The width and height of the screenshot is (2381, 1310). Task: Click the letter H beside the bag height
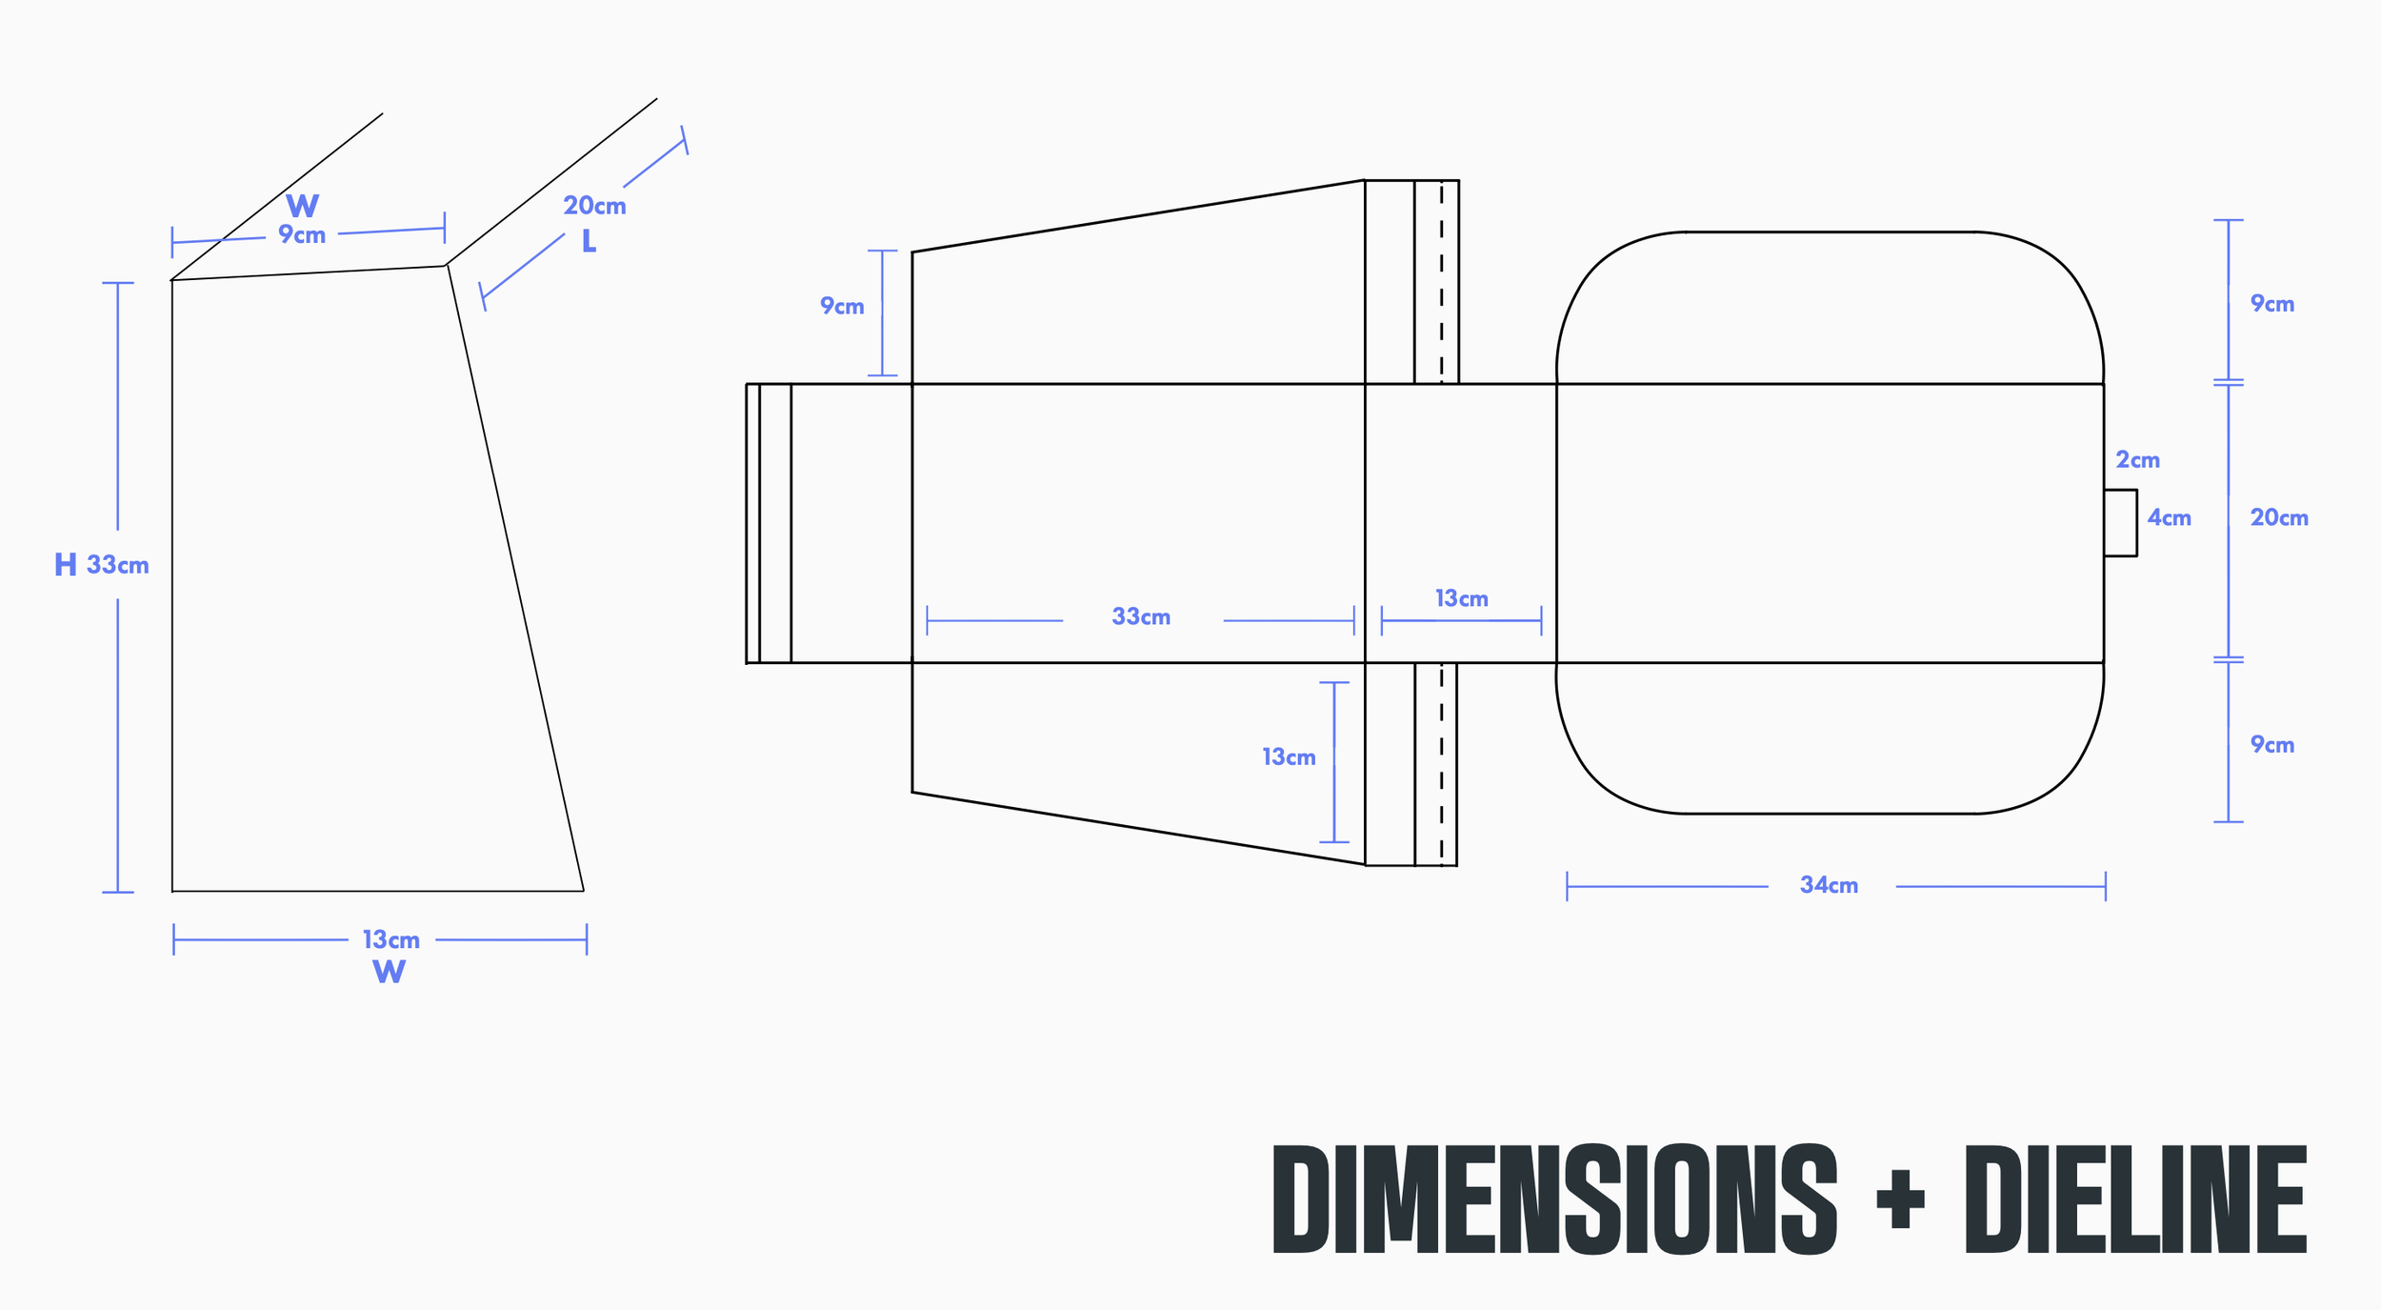point(66,565)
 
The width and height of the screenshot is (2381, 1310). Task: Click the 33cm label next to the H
point(118,565)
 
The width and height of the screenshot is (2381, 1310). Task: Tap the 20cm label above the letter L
point(594,206)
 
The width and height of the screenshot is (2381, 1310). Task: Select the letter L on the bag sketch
point(590,241)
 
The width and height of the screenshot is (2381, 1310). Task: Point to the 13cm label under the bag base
point(391,940)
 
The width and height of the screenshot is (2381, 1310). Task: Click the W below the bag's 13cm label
point(389,972)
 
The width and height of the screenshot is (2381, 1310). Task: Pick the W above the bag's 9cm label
point(302,206)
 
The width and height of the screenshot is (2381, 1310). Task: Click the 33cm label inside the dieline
point(1141,616)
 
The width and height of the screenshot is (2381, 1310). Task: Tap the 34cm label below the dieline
point(1829,885)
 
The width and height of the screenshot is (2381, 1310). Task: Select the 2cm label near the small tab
point(2137,460)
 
